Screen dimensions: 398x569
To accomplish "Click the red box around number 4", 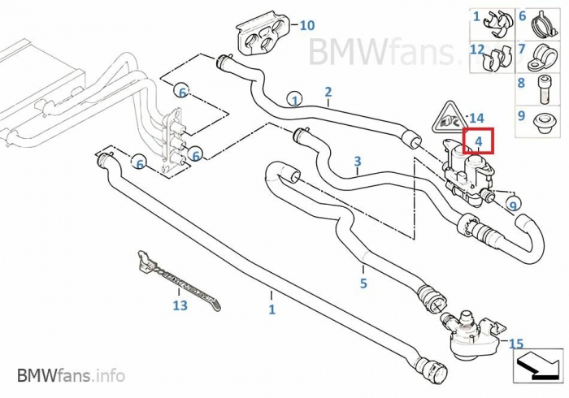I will (x=479, y=142).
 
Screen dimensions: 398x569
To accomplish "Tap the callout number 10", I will (x=306, y=25).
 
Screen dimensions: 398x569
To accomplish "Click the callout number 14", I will (x=477, y=118).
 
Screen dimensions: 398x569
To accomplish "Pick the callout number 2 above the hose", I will (x=328, y=92).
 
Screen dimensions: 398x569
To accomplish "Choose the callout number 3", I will (x=358, y=162).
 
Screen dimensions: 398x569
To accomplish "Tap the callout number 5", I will (x=363, y=283).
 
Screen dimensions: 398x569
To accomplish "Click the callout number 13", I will (x=180, y=305).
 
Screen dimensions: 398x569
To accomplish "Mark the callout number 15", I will (x=516, y=344).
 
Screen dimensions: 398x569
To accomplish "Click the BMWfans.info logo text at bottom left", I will (x=71, y=375).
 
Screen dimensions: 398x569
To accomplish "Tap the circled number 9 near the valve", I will (x=513, y=205).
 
